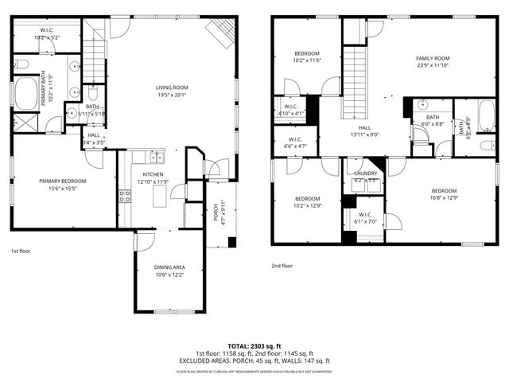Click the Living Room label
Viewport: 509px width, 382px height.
click(171, 87)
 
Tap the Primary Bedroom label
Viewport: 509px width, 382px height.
click(63, 181)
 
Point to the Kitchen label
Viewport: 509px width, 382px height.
click(153, 173)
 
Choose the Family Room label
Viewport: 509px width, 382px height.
click(433, 58)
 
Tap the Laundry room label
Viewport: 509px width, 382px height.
click(366, 173)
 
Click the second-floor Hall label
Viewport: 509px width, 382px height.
click(364, 127)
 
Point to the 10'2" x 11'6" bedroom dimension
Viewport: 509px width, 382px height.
click(306, 61)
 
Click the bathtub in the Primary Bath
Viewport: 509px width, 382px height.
click(27, 92)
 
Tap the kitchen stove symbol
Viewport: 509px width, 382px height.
click(125, 196)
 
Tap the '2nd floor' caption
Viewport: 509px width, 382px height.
click(282, 266)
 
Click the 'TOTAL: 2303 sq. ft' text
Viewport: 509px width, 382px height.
click(254, 346)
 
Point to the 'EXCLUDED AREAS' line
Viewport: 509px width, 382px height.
click(254, 361)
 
